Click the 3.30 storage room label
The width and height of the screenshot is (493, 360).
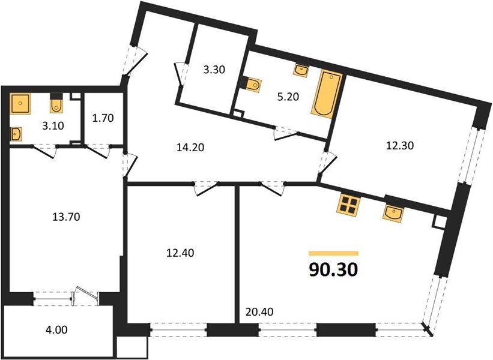click(x=214, y=70)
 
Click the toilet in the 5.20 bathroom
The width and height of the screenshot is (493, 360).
click(x=252, y=85)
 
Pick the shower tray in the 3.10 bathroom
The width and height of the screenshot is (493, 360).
click(x=21, y=105)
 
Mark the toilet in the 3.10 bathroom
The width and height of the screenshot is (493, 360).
click(x=55, y=104)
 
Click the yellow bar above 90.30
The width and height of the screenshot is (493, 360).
click(x=333, y=253)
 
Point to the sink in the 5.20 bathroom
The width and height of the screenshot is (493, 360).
click(x=301, y=70)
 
